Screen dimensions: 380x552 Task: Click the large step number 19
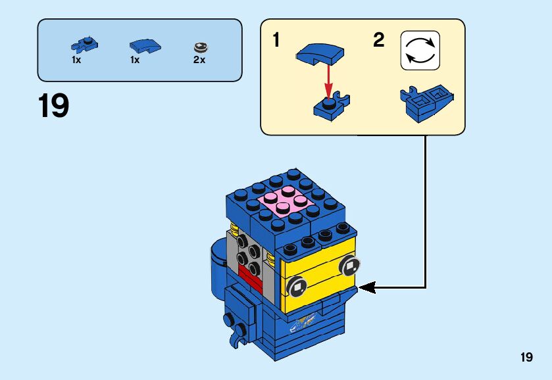pyautogui.click(x=54, y=106)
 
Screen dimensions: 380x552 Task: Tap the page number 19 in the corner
pyautogui.click(x=526, y=357)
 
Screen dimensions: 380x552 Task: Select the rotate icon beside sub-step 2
pyautogui.click(x=420, y=50)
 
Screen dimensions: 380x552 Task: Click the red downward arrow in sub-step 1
pyautogui.click(x=328, y=80)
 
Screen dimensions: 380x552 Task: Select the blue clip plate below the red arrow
pyautogui.click(x=331, y=107)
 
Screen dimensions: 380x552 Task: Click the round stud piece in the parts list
pyautogui.click(x=199, y=47)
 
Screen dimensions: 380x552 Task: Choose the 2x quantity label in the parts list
pyautogui.click(x=199, y=60)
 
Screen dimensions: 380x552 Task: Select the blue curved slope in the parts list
pyautogui.click(x=144, y=46)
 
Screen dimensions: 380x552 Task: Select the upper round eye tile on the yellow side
pyautogui.click(x=349, y=266)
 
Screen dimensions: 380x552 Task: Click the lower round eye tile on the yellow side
pyautogui.click(x=297, y=286)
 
